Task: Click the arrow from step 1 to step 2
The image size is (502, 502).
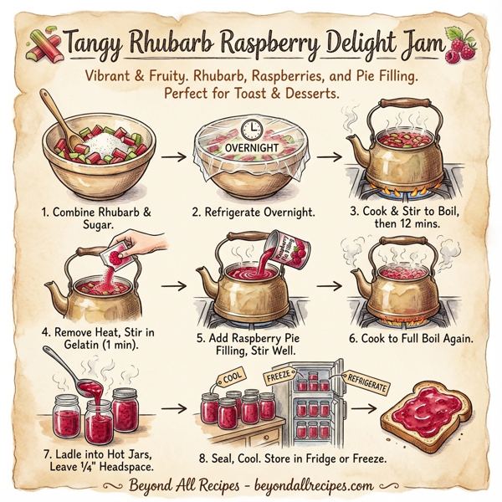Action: (167, 156)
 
